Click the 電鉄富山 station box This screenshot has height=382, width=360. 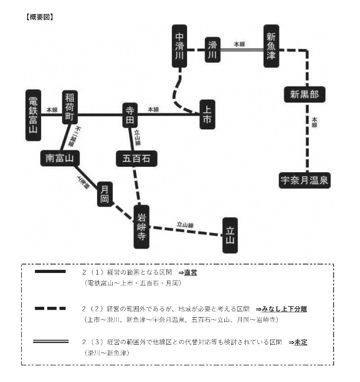coord(33,115)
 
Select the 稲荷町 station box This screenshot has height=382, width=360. coord(70,107)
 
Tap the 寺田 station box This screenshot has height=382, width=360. coord(130,115)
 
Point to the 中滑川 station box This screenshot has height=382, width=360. coord(180,46)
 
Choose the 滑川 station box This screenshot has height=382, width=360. coord(210,52)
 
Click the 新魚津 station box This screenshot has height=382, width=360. coord(271,46)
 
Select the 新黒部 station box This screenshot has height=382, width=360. coord(304,94)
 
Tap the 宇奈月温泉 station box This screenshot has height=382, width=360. coord(304,180)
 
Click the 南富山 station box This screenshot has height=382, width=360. coord(59,158)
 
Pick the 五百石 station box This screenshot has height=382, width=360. coord(137,158)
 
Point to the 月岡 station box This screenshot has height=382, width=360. coord(105,194)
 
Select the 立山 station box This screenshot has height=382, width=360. coord(230,235)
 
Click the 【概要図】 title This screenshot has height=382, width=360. coord(39,17)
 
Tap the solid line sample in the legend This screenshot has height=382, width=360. coord(50,272)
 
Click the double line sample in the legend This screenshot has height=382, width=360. coord(50,342)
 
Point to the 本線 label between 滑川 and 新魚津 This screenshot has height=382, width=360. coord(239,44)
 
